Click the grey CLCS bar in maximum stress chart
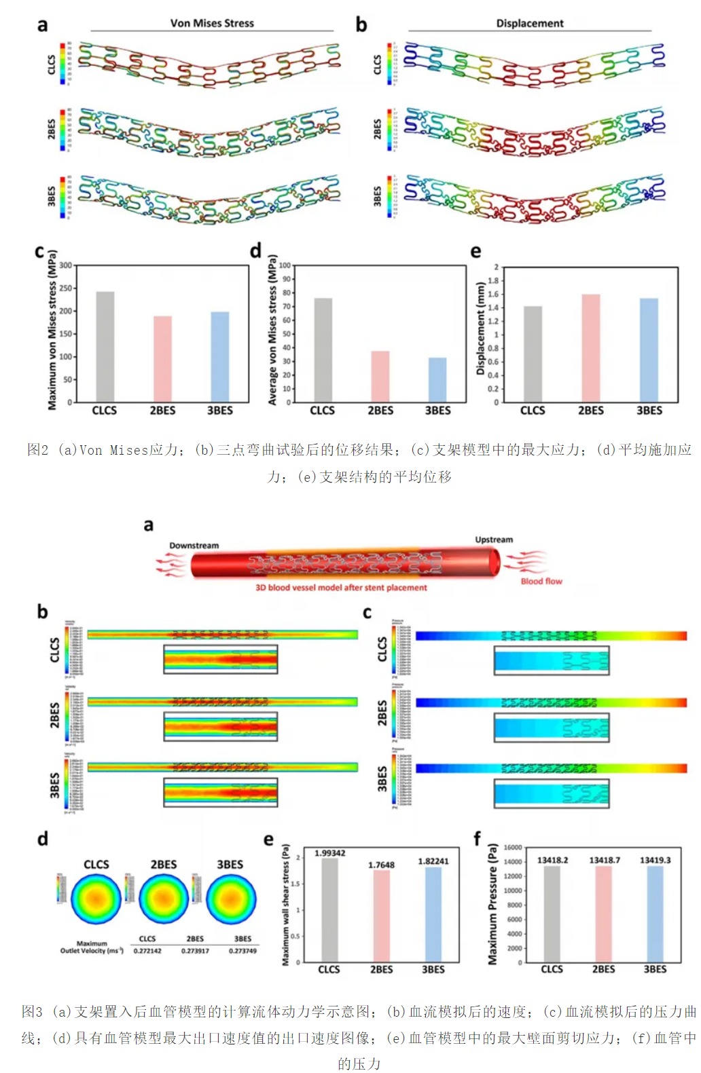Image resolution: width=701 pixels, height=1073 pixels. tap(105, 347)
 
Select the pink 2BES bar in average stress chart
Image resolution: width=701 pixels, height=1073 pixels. tap(380, 377)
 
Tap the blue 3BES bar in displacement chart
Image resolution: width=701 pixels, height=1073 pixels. tap(649, 350)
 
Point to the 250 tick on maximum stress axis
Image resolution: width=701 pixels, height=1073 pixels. tap(65, 288)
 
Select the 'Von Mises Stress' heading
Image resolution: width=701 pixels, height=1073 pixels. tap(212, 23)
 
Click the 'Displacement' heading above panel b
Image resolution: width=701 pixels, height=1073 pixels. tap(529, 23)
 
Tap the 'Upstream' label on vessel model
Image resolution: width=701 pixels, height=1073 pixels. tap(494, 540)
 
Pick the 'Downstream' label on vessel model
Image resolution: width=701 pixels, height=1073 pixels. tap(194, 546)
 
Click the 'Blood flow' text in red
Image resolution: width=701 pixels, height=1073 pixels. tap(541, 581)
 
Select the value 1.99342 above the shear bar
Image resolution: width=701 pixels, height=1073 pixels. tap(329, 853)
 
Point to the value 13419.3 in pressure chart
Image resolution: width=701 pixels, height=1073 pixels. tap(655, 860)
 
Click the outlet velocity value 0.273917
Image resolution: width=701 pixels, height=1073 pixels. tap(195, 951)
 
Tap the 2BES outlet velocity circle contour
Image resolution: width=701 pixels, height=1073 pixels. tap(164, 899)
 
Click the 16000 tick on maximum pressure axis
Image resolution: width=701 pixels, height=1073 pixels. tap(513, 848)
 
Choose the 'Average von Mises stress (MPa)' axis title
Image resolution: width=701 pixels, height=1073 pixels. tap(272, 331)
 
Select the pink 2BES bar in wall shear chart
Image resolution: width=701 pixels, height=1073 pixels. tap(381, 916)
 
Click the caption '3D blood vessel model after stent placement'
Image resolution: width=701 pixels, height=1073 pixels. tap(341, 588)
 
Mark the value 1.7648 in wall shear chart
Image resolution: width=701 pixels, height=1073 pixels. tap(381, 865)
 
